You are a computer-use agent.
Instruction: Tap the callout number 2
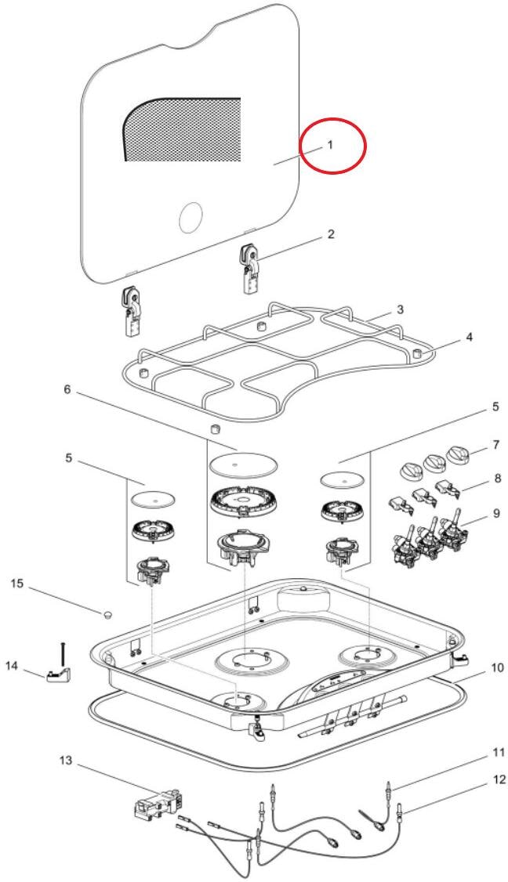point(331,234)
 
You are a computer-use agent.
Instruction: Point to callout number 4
point(469,337)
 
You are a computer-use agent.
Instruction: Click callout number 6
point(67,389)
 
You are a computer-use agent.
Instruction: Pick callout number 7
point(495,445)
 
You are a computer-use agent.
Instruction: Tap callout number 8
point(497,479)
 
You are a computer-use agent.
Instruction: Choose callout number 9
point(496,514)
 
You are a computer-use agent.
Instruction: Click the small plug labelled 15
point(107,613)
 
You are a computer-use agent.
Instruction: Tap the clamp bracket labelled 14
point(59,674)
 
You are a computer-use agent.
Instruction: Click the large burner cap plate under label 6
point(243,465)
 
